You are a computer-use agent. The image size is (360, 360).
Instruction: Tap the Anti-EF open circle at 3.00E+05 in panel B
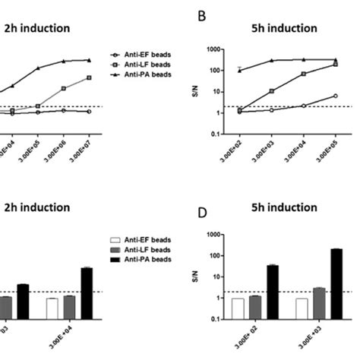click(335, 96)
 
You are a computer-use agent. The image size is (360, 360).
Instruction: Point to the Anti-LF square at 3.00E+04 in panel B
click(303, 74)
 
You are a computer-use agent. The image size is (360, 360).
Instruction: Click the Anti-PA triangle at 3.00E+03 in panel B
click(271, 61)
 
